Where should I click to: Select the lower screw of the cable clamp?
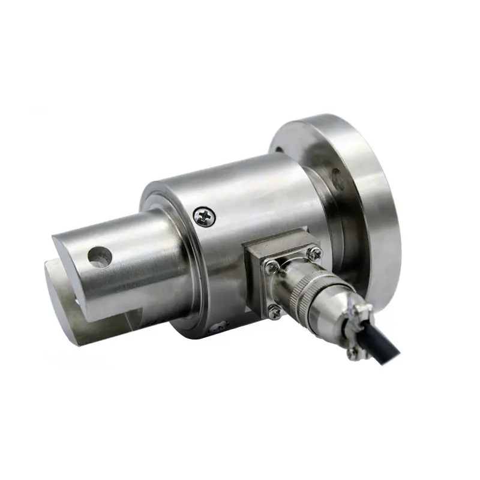[x=352, y=354]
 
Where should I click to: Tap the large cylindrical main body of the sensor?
[x=252, y=186]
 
